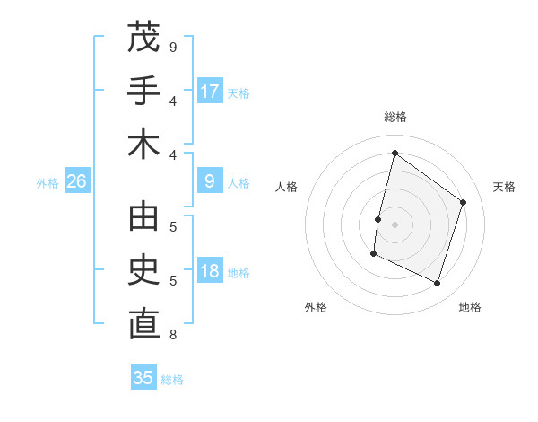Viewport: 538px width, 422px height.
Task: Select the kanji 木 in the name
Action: [x=143, y=145]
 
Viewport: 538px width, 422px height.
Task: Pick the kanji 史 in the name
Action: [x=143, y=270]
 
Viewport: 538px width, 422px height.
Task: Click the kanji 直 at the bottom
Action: [x=143, y=324]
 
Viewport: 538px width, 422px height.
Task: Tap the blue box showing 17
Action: [x=210, y=92]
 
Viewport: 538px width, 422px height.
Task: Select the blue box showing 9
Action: [x=210, y=181]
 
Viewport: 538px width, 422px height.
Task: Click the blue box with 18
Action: [x=210, y=271]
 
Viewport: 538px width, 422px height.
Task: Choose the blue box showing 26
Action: [x=77, y=181]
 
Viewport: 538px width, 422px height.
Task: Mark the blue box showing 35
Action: [x=143, y=378]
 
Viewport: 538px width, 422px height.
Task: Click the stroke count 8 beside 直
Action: [x=172, y=336]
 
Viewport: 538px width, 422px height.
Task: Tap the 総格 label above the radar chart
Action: [x=395, y=117]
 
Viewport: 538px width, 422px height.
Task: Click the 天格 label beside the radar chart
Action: [x=504, y=187]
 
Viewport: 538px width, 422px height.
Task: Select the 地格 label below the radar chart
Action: [x=470, y=307]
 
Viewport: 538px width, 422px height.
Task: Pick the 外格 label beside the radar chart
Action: [x=316, y=307]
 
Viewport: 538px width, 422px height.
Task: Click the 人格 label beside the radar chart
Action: [x=286, y=187]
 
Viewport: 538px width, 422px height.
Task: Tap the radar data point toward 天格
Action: [x=464, y=202]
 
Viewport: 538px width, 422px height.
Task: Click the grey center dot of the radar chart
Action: [x=395, y=224]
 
